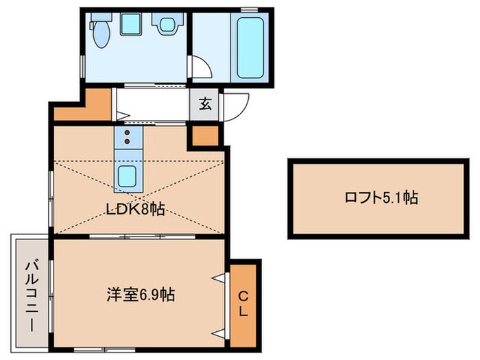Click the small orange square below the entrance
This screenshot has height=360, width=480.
(204, 135)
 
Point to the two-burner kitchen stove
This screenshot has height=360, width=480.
(128, 137)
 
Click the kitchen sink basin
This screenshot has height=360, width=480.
(128, 177)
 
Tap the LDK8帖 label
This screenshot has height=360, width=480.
(136, 210)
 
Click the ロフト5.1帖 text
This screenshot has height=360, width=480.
(381, 198)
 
